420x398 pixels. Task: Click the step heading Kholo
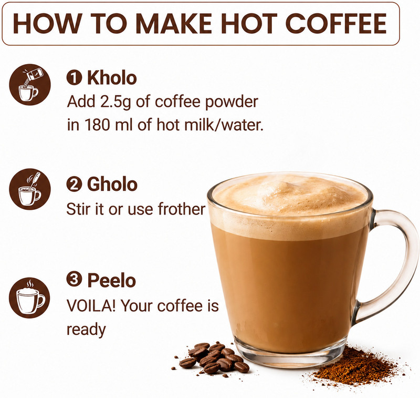click(112, 78)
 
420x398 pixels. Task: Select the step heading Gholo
click(112, 184)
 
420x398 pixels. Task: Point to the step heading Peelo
click(112, 280)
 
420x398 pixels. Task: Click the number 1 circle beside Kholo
click(74, 78)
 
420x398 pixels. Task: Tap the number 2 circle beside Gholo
click(74, 185)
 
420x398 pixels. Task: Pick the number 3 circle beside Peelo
click(74, 280)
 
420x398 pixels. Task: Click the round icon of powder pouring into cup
click(30, 85)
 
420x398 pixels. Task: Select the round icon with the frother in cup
click(30, 189)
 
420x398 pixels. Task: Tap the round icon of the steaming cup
click(29, 298)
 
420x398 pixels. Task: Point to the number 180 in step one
click(97, 125)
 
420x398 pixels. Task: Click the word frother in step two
click(182, 209)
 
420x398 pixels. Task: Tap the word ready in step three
click(86, 330)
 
